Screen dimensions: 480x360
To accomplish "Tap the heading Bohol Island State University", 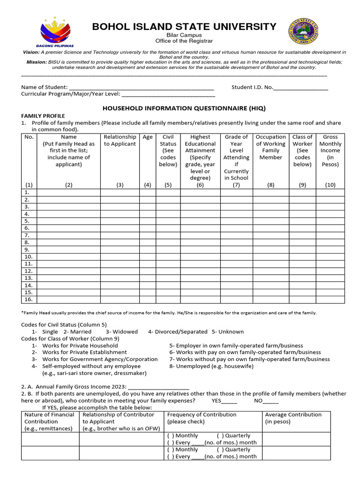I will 184,26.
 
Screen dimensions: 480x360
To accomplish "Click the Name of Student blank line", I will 141,88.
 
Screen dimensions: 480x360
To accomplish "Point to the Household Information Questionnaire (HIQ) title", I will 184,108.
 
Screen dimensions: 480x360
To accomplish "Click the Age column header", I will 148,137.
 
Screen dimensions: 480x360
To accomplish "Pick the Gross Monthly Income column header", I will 330,150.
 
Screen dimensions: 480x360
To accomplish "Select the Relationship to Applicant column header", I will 120,141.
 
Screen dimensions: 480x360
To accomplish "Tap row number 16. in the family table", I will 29,300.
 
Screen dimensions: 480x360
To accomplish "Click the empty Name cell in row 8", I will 68,242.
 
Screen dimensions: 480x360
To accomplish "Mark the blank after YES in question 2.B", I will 229,401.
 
